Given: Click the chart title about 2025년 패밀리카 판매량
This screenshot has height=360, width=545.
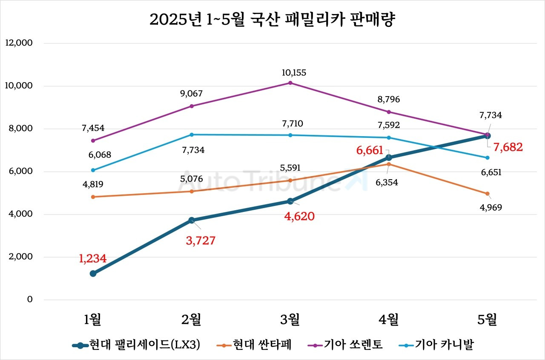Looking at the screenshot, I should pyautogui.click(x=272, y=20).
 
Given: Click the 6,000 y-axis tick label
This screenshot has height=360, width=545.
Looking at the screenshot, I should pyautogui.click(x=20, y=171).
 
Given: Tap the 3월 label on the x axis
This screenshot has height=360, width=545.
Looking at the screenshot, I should pyautogui.click(x=290, y=319).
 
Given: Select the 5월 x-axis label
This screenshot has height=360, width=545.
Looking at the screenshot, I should pyautogui.click(x=488, y=319).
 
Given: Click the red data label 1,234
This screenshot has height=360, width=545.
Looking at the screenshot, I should pyautogui.click(x=92, y=258).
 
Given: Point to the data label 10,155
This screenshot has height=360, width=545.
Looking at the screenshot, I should pyautogui.click(x=293, y=73).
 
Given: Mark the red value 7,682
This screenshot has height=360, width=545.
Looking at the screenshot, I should pyautogui.click(x=508, y=148).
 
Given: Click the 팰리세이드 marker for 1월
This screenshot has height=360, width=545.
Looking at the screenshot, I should pyautogui.click(x=93, y=274).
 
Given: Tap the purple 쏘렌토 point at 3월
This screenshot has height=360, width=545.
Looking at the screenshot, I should pyautogui.click(x=290, y=83).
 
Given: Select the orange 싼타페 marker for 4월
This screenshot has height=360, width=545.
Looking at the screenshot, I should pyautogui.click(x=389, y=164).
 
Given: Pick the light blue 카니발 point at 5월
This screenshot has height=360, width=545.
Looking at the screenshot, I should pyautogui.click(x=488, y=157).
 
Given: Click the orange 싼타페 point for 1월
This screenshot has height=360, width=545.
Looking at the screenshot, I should pyautogui.click(x=93, y=197).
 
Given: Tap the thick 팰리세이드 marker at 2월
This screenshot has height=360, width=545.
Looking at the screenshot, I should pyautogui.click(x=192, y=220).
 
